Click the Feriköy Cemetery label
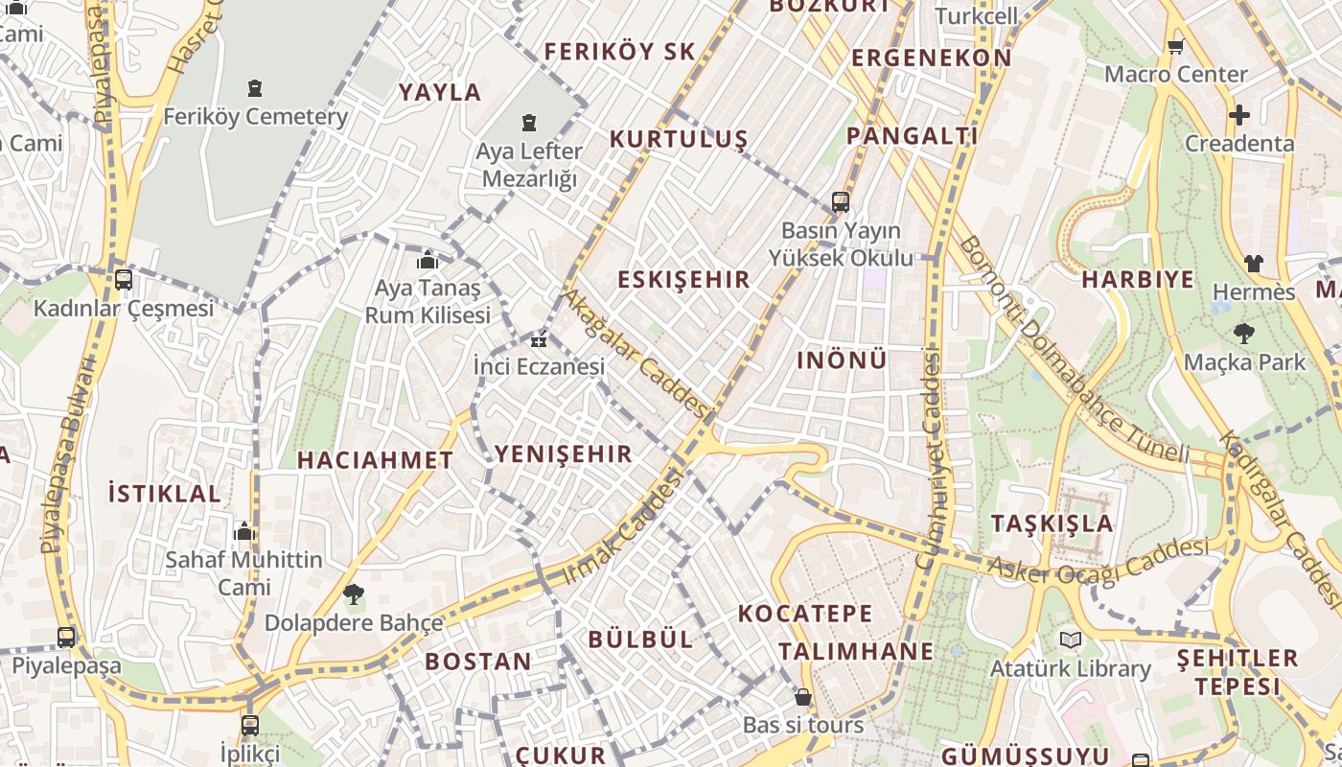click(255, 117)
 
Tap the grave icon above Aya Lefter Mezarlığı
click(528, 123)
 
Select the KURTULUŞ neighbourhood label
click(679, 140)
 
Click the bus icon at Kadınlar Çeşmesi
click(124, 280)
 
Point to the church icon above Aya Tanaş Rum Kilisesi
click(428, 260)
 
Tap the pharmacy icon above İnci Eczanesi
click(540, 339)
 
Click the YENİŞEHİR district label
click(564, 454)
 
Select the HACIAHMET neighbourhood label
click(375, 460)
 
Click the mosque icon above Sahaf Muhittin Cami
click(244, 531)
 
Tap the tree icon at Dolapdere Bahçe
click(354, 594)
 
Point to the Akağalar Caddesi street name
click(636, 354)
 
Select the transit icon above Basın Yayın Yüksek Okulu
click(841, 201)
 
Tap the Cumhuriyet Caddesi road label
click(929, 460)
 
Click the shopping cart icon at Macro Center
click(1176, 46)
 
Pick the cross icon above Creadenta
click(1239, 116)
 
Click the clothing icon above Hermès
click(1254, 264)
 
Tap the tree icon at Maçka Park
click(1244, 334)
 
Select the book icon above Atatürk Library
click(1071, 639)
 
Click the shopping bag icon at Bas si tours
click(803, 697)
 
